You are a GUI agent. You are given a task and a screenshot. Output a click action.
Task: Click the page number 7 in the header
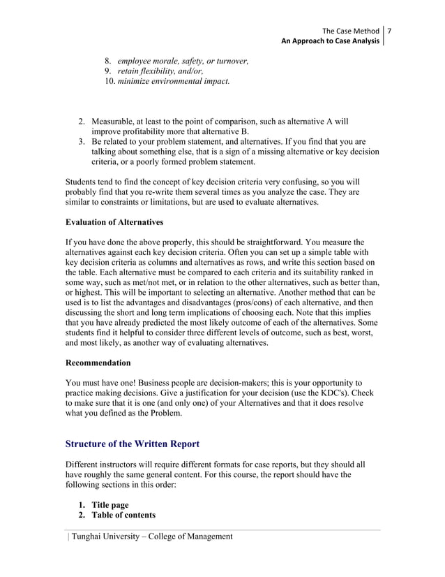[x=391, y=30]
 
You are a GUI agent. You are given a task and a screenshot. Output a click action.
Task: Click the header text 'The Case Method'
[x=352, y=30]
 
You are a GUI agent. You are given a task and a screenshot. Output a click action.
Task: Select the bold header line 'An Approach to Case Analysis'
[x=331, y=41]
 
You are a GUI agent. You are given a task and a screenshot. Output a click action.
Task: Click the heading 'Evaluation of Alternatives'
[x=114, y=222]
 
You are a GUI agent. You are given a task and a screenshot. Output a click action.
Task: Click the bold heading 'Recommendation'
[x=98, y=363]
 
